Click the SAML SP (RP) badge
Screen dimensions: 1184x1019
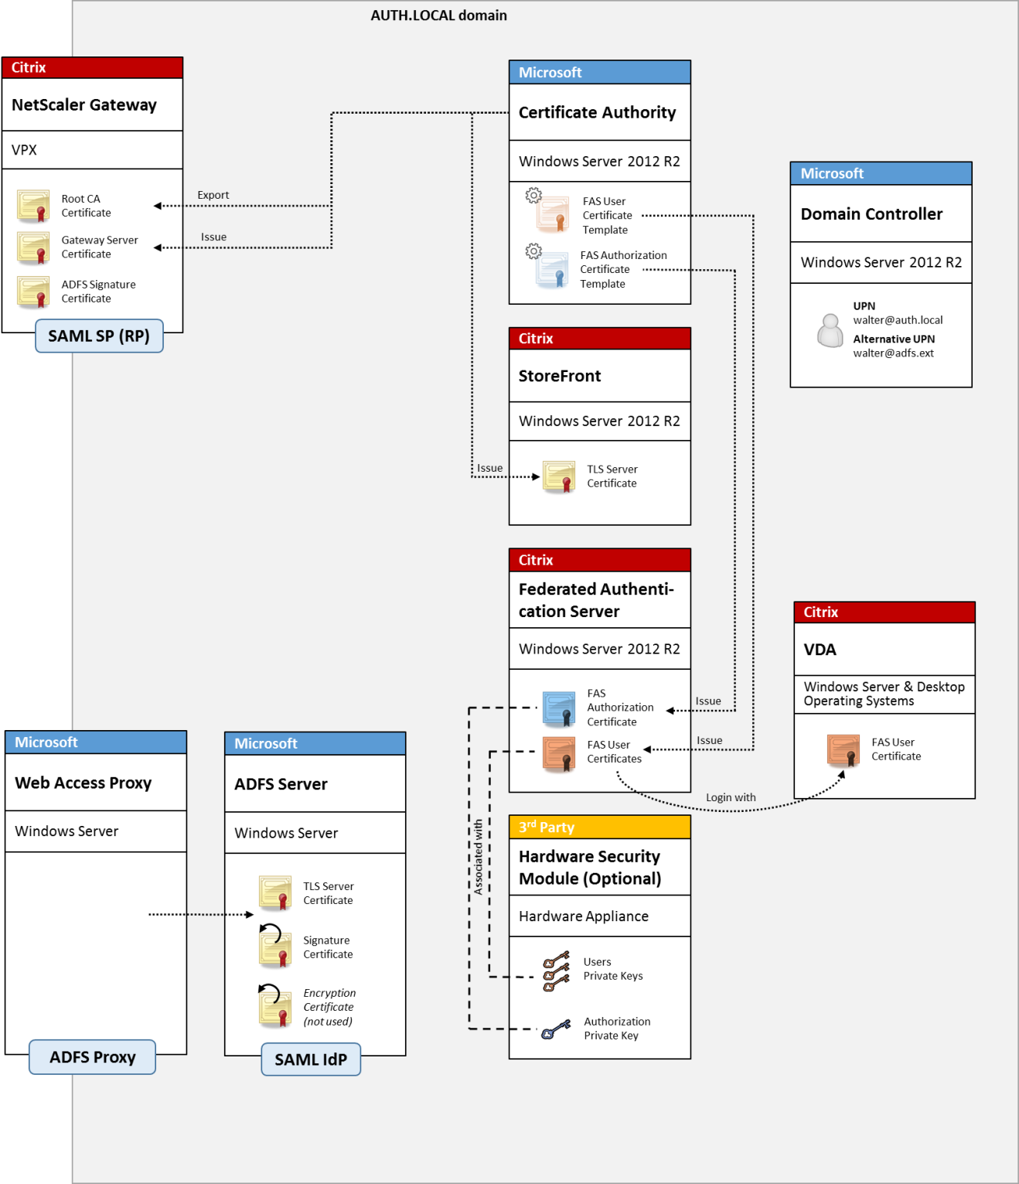pos(99,336)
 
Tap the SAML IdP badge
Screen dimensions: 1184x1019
pos(311,1059)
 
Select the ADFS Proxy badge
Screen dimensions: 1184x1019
pos(92,1057)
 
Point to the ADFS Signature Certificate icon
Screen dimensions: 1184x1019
pos(33,292)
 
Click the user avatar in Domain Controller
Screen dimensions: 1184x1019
pos(830,330)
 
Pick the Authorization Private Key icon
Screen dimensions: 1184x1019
pos(556,1029)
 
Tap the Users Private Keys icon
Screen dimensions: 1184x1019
pos(556,971)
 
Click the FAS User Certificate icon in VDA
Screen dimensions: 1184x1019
pos(843,750)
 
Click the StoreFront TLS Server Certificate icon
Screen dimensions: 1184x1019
pos(558,477)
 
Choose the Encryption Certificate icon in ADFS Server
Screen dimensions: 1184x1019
pos(274,1007)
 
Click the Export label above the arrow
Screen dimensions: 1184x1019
pos(213,195)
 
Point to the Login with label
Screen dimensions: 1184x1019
pos(731,797)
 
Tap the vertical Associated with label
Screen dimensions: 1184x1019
pos(479,857)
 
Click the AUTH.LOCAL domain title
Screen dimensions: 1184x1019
pos(438,15)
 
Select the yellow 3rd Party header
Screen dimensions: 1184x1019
pos(599,827)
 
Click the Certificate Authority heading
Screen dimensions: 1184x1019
pos(597,113)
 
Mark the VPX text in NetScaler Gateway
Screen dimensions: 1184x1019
pos(25,150)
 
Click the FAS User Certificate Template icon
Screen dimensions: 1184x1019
pos(552,214)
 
